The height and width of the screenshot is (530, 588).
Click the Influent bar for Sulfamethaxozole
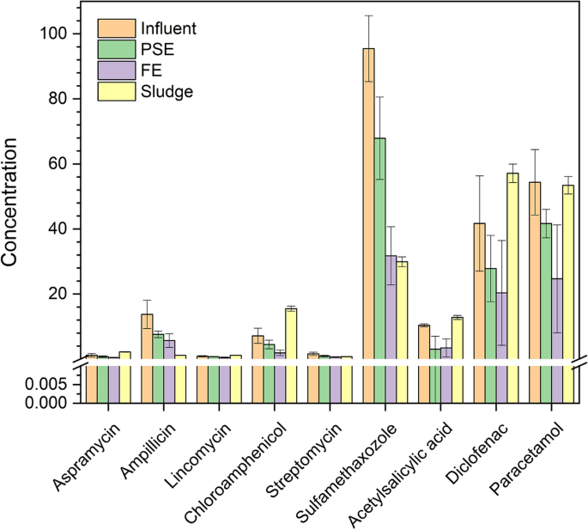(368, 206)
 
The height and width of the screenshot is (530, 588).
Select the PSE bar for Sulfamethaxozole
(379, 249)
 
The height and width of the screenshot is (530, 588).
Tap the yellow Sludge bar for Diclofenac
(512, 266)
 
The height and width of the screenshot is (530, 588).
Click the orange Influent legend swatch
(112, 28)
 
